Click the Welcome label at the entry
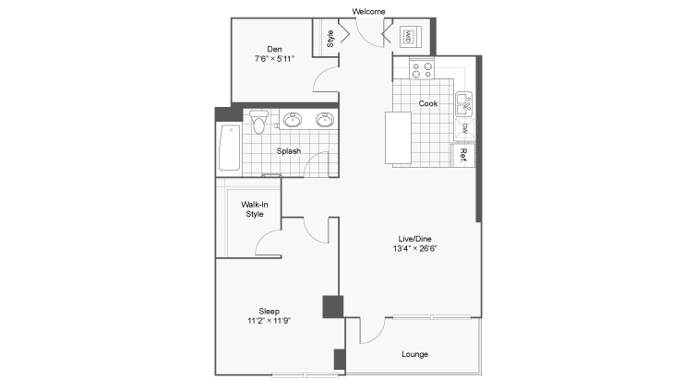point(368,11)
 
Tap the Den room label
point(274,49)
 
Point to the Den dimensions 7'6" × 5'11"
point(274,59)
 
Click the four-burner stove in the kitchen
point(422,70)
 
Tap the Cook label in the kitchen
point(428,103)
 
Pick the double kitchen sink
point(464,104)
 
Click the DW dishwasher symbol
point(464,129)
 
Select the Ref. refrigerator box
point(463,156)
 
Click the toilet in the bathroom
point(258,122)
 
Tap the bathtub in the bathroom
point(230,148)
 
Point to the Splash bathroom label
point(289,151)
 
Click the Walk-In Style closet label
point(255,209)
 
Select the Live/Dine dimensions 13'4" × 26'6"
point(414,248)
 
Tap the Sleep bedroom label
point(269,312)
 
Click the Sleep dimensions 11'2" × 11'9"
point(269,321)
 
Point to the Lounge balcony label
point(414,354)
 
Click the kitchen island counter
point(398,138)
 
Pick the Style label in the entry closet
point(330,39)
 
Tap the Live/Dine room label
point(414,239)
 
